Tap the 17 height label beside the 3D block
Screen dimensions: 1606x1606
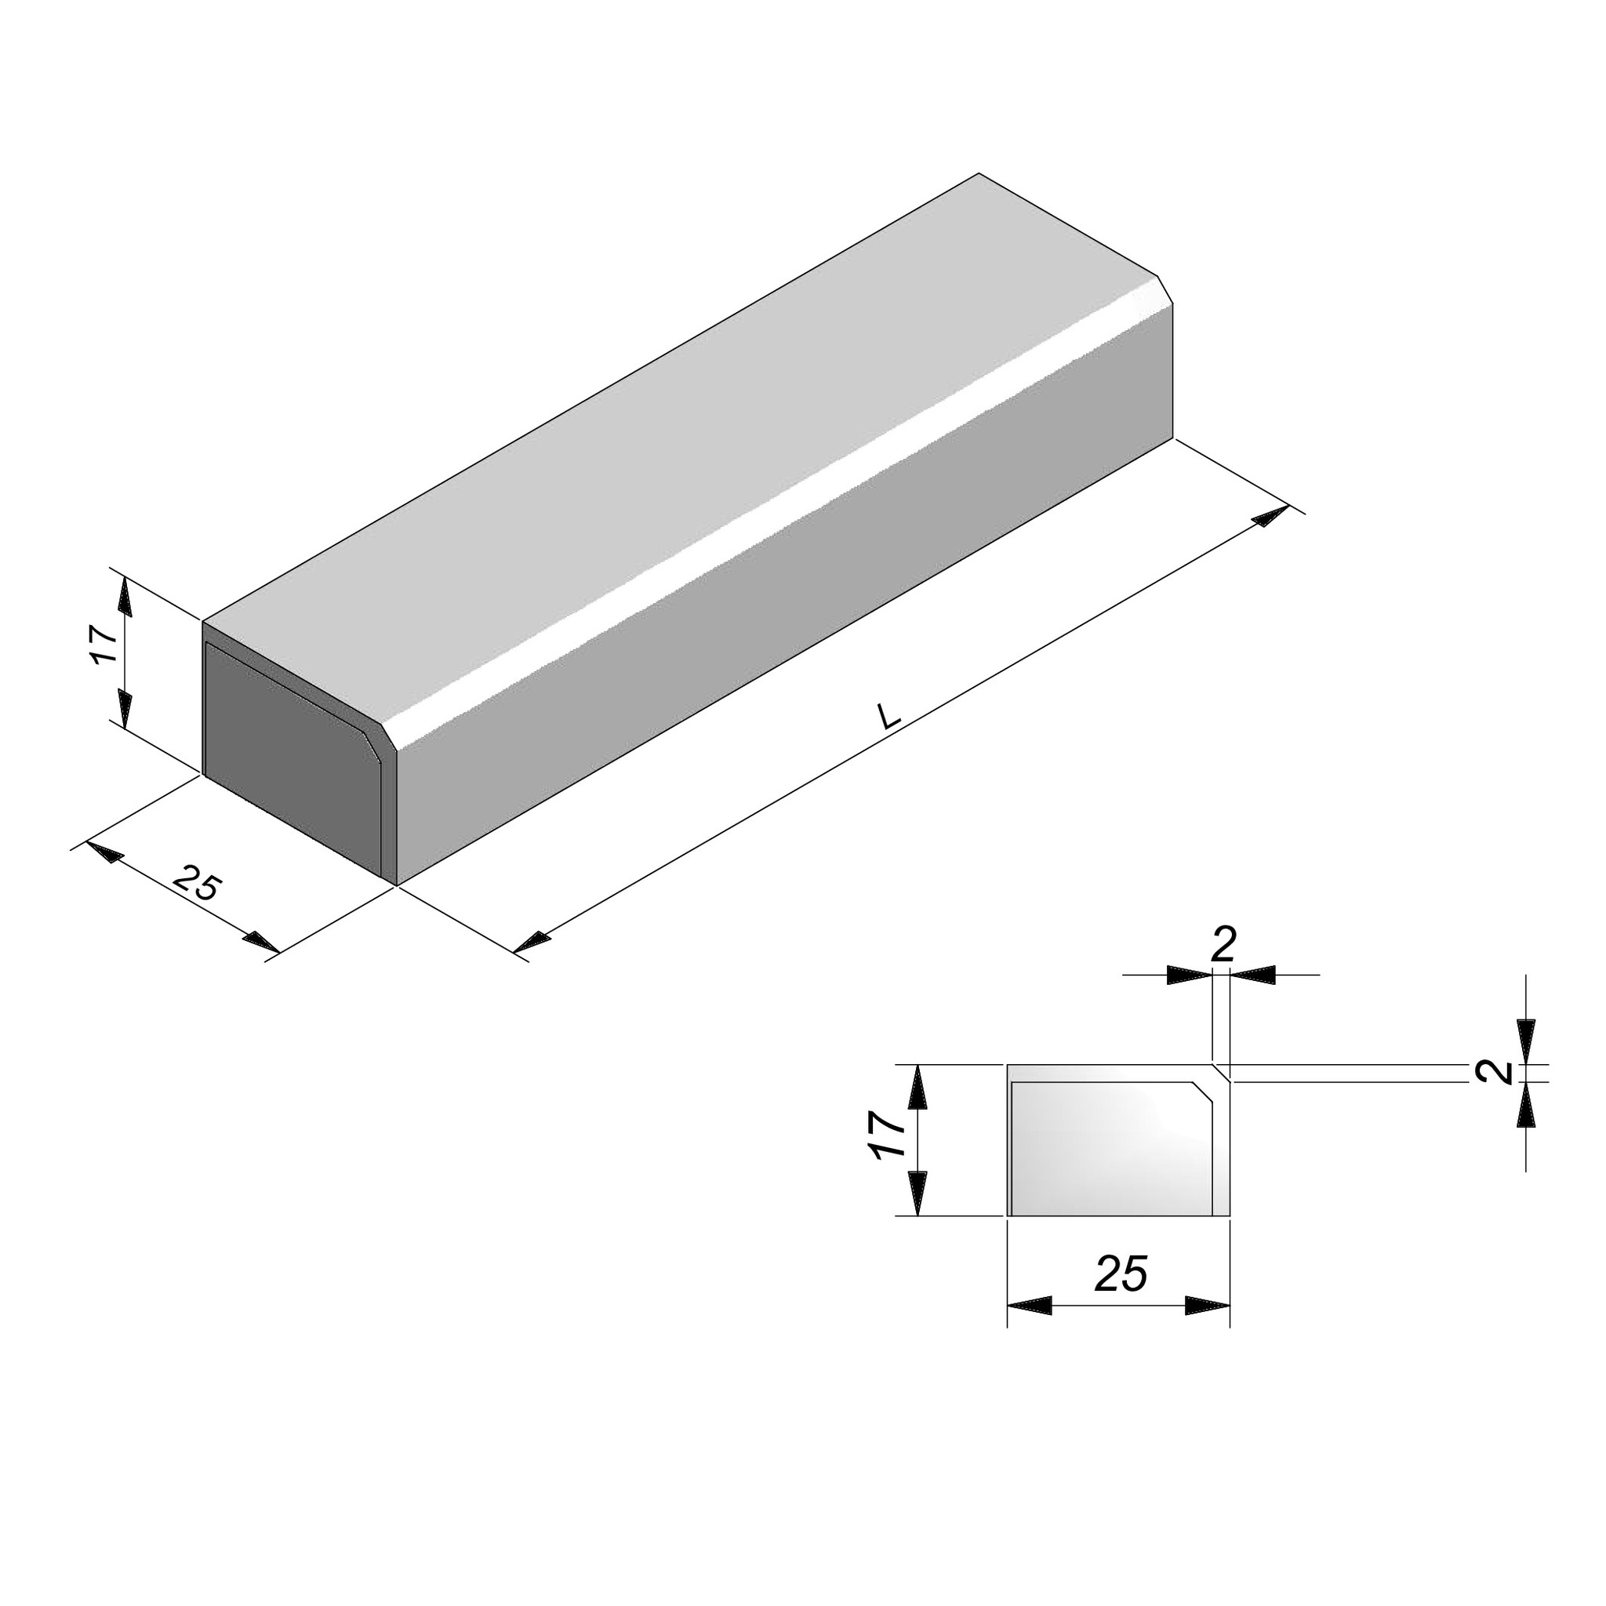coord(106,645)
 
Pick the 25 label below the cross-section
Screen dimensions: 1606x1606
coord(1121,1274)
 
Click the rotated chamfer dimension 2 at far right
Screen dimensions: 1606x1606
coord(1499,1072)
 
